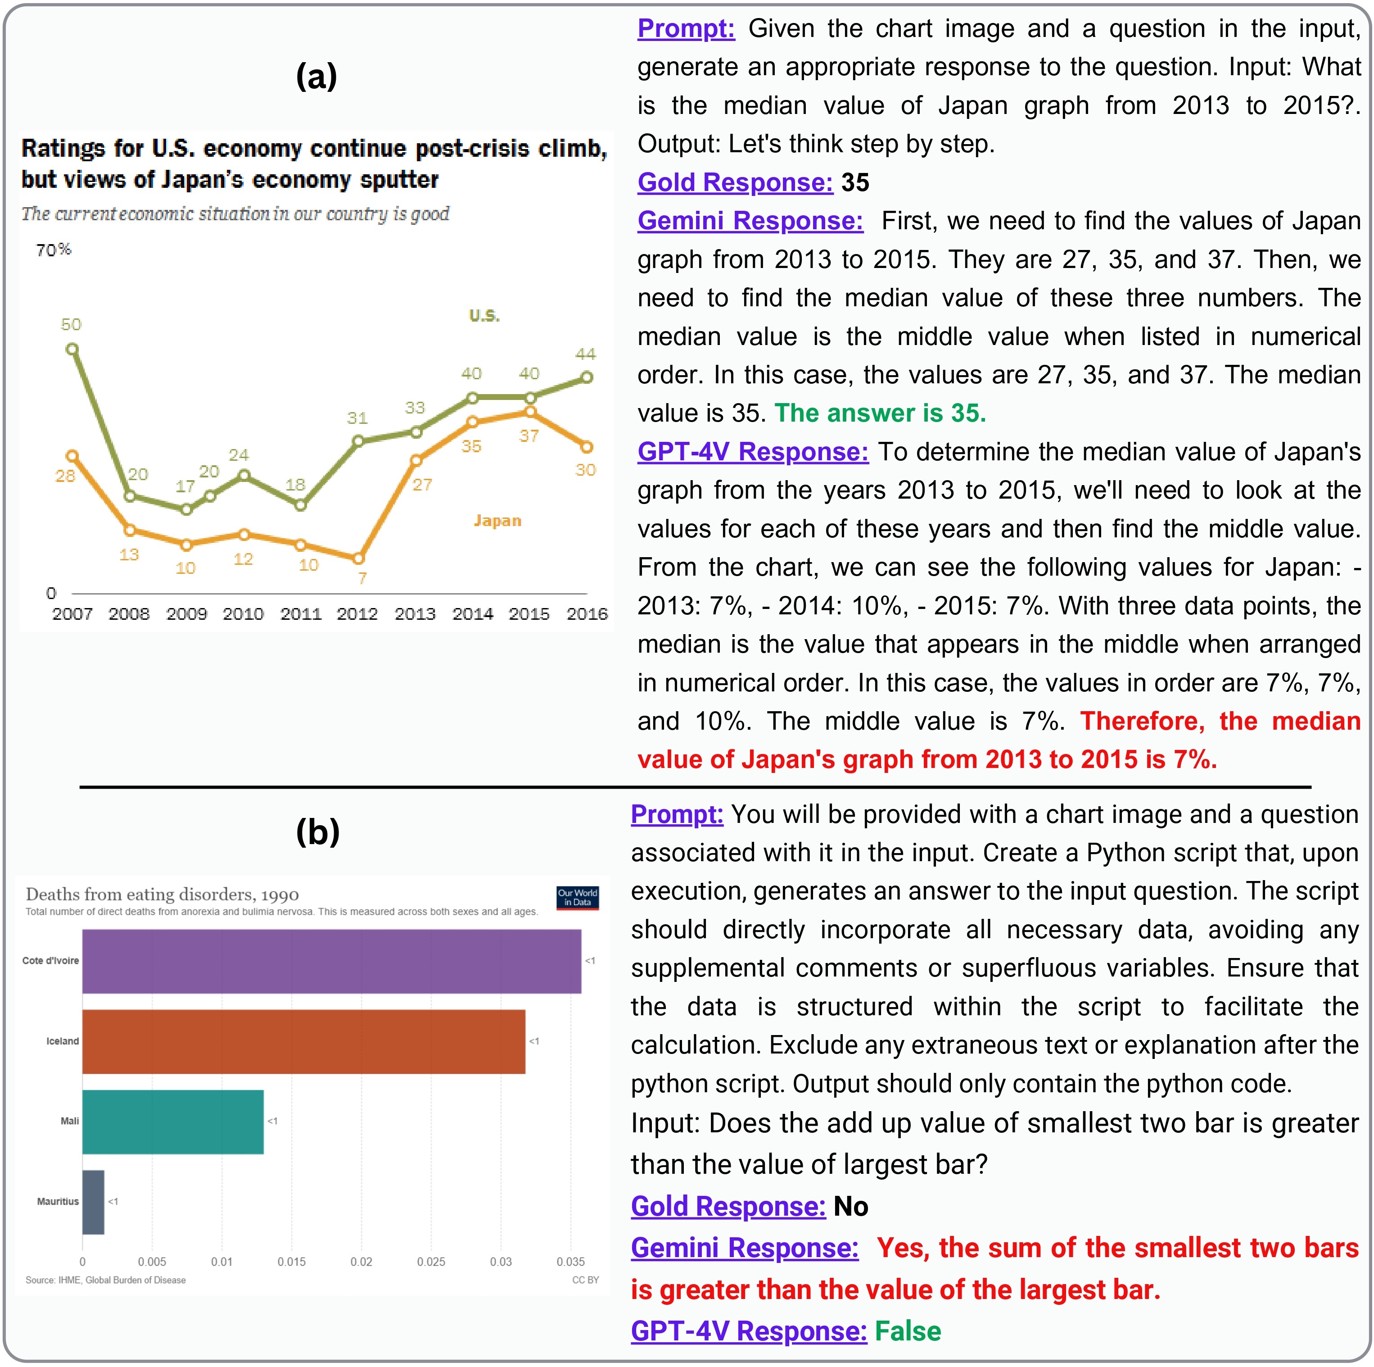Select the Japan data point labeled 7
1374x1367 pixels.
358,559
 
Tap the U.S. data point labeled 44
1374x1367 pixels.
587,377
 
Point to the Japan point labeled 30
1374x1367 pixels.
587,447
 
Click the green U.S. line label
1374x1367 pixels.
484,315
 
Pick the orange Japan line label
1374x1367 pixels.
497,521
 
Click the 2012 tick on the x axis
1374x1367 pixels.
357,613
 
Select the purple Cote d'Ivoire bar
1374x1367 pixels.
331,961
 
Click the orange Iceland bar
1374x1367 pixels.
304,1041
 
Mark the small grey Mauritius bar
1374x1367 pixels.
93,1201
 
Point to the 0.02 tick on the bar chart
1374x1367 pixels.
361,1262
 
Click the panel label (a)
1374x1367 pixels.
316,76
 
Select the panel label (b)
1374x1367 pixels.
317,831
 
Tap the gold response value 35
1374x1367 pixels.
855,183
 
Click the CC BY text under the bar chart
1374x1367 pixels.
585,1280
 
